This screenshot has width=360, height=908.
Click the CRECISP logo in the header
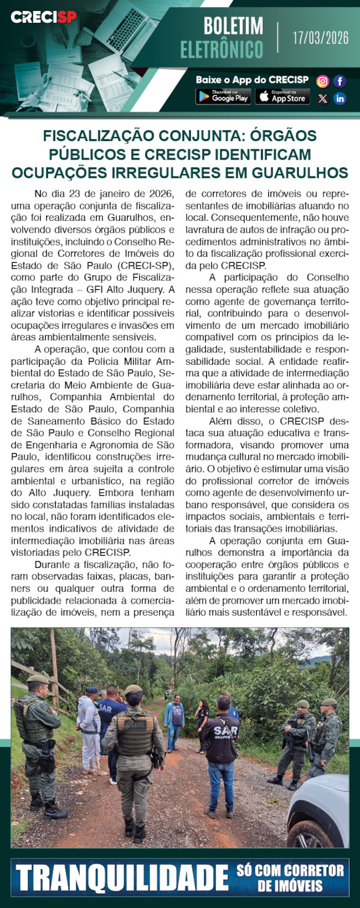(44, 17)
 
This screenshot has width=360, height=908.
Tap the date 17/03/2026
(320, 38)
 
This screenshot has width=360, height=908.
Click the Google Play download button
(223, 96)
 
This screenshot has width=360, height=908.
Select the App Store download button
(282, 96)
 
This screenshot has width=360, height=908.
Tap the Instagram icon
(323, 81)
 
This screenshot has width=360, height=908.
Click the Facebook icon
(340, 81)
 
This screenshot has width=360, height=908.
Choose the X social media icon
(323, 98)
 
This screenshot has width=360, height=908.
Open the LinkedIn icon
(340, 98)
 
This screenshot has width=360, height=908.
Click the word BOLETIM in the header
(233, 26)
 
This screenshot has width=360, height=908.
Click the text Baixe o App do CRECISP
(252, 80)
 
